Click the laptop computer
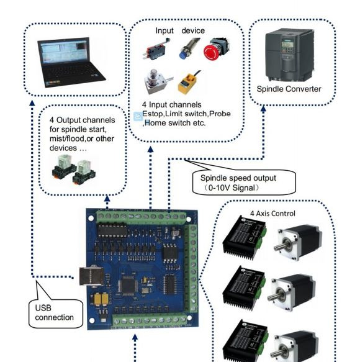tap(71, 62)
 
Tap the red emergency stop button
tap(216, 50)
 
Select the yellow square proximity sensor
tap(189, 83)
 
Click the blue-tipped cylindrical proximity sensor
tap(188, 49)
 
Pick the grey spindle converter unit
tap(290, 55)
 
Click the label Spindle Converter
tap(289, 89)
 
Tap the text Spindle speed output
tap(238, 178)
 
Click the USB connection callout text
tap(54, 312)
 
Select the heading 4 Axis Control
tap(272, 214)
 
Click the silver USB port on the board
tap(92, 276)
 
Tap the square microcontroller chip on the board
tap(128, 286)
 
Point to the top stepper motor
tap(299, 242)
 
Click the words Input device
tap(180, 30)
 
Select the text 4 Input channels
tap(171, 104)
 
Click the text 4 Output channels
tap(82, 120)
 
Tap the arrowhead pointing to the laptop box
tap(32, 103)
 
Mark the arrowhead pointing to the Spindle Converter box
tap(263, 109)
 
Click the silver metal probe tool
tap(158, 81)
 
